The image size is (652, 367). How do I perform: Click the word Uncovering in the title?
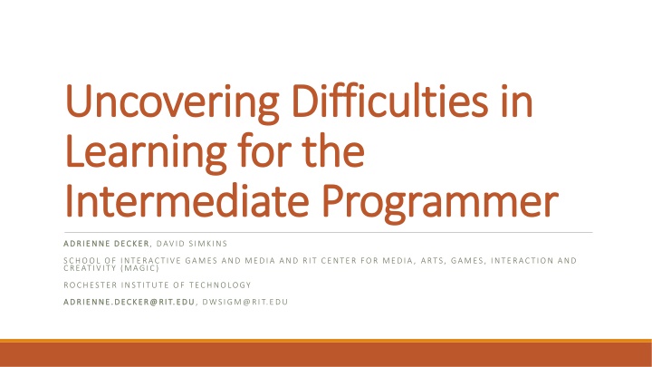tap(172, 102)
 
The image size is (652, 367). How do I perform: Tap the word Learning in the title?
tap(146, 153)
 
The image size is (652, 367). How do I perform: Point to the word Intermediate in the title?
tap(187, 200)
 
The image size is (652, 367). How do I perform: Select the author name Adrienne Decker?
tap(106, 244)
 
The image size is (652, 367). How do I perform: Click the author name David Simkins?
tap(192, 244)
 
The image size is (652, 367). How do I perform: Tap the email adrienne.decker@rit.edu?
tap(129, 302)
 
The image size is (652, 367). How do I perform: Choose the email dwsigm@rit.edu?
tap(244, 302)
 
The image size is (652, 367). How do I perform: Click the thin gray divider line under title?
tap(328, 233)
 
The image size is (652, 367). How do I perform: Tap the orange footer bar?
tap(326, 353)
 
